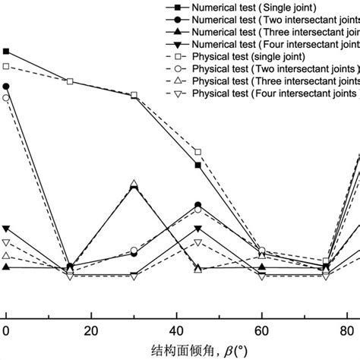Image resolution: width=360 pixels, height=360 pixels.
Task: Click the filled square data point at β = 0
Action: (x=7, y=52)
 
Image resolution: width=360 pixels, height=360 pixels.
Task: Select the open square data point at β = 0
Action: (x=7, y=67)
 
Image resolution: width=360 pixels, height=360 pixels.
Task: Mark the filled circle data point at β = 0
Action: (x=7, y=87)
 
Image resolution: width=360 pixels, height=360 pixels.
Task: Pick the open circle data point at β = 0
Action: (x=7, y=98)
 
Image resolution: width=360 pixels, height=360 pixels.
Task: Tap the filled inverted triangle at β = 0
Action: (x=7, y=229)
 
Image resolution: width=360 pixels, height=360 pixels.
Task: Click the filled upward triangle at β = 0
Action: (x=7, y=267)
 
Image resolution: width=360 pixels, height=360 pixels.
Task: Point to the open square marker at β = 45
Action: (x=198, y=153)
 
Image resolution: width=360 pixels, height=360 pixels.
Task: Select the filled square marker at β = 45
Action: (x=198, y=165)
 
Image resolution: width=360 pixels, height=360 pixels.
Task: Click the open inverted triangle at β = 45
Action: (x=198, y=243)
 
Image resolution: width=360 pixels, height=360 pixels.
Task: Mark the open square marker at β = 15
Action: (x=71, y=81)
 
